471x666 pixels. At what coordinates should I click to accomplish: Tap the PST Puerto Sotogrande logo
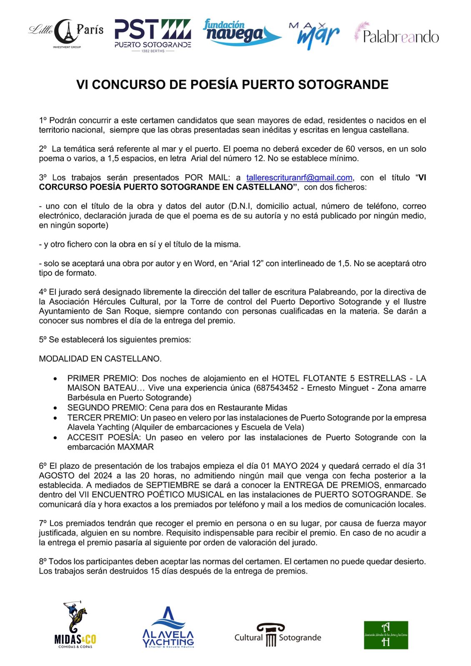click(153, 35)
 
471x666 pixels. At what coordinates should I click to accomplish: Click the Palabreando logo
click(396, 33)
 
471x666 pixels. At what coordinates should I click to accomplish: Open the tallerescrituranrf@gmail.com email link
click(299, 178)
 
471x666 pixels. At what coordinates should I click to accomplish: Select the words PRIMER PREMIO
click(102, 378)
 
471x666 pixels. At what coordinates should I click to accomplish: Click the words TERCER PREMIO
click(102, 417)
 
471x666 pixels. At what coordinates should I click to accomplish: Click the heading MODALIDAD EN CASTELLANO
click(100, 359)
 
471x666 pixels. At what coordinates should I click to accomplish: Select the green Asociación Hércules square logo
click(386, 635)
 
